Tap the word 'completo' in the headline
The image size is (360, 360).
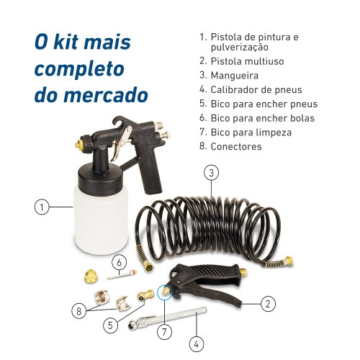[79, 68]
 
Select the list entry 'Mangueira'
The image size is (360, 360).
[234, 74]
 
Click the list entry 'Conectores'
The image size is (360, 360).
[235, 146]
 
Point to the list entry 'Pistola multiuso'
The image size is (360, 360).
[246, 60]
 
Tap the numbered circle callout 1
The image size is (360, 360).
[42, 207]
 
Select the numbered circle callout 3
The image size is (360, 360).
[210, 172]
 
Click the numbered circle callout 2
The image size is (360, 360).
[267, 303]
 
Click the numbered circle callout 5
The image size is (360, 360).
[109, 325]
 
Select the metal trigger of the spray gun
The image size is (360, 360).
[125, 135]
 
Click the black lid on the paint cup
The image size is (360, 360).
[93, 174]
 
